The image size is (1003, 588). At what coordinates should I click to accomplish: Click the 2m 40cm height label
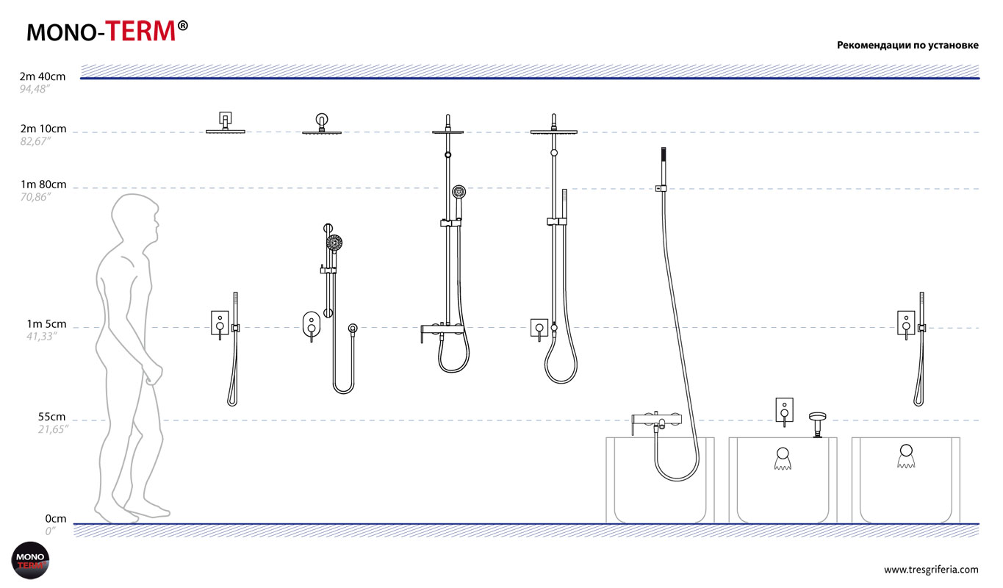coord(42,76)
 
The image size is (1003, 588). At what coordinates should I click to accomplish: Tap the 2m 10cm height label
coord(43,129)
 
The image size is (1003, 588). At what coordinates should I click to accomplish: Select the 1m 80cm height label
coord(43,184)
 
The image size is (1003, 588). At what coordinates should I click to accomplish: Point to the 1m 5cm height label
coord(46,324)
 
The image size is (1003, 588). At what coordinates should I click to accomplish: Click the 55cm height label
coord(51,417)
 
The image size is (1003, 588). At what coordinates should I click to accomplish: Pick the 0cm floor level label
coord(56,519)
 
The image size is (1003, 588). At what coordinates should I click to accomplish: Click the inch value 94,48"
coord(34,89)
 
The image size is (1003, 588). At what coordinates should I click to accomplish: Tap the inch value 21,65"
coord(53,429)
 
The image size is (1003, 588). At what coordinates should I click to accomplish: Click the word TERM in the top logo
coord(140,32)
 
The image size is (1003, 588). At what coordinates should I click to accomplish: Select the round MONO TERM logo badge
coord(30,560)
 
